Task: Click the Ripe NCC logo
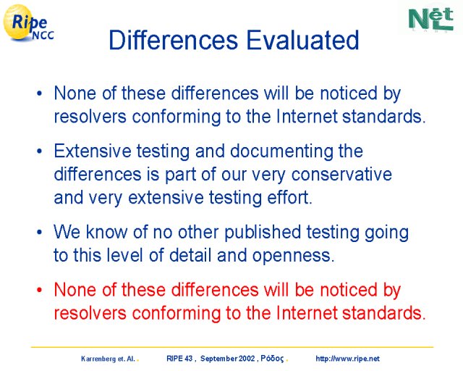(28, 23)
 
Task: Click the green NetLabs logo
(431, 19)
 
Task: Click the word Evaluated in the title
(302, 40)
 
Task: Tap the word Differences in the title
(174, 40)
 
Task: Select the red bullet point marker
(39, 291)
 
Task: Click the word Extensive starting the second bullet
(93, 151)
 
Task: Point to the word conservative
(341, 174)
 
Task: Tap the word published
(263, 232)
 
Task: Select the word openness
(293, 255)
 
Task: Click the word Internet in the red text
(307, 313)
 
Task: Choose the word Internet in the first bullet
(307, 116)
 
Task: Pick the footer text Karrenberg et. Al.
(108, 359)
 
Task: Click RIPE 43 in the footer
(179, 359)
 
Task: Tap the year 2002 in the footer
(247, 359)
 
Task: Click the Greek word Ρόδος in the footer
(272, 359)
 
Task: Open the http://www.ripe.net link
(347, 359)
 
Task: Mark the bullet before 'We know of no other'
(39, 233)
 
